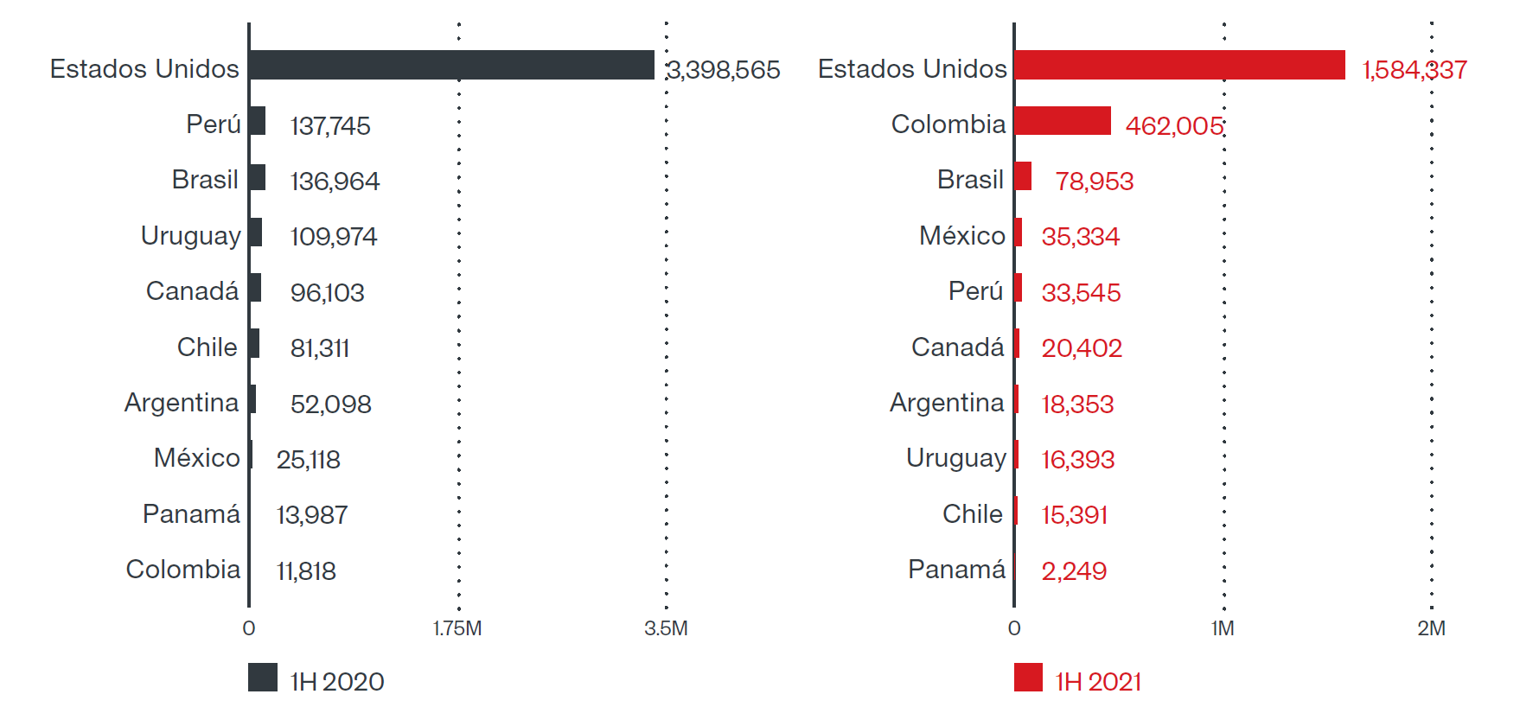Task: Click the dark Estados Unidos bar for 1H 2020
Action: [451, 65]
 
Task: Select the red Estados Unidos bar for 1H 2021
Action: [1179, 65]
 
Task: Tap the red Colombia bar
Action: [1063, 121]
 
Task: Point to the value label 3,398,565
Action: [725, 70]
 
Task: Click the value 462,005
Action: [1174, 126]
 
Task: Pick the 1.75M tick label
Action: [457, 628]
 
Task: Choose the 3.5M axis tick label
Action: [666, 628]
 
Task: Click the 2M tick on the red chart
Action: [1431, 628]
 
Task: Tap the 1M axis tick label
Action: [1223, 628]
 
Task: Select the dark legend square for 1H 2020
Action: [263, 678]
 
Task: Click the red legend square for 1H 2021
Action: [1028, 678]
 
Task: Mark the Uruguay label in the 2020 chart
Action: [190, 236]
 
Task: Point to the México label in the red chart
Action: [962, 236]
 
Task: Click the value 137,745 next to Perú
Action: [330, 126]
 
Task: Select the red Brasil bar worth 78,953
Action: [1024, 176]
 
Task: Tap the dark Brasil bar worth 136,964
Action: [258, 177]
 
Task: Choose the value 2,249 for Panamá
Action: [1074, 571]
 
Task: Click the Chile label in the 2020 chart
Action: [207, 347]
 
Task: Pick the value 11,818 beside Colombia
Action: [306, 571]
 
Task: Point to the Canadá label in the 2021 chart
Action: [958, 347]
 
